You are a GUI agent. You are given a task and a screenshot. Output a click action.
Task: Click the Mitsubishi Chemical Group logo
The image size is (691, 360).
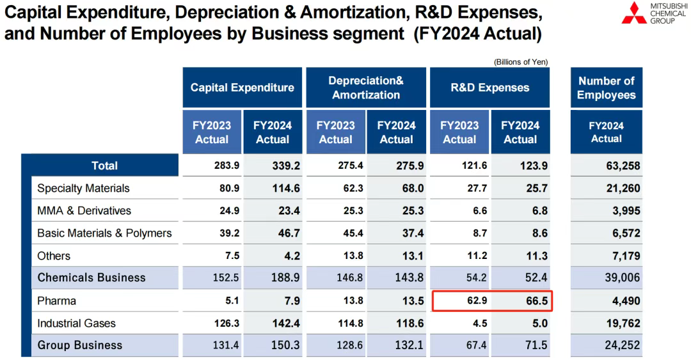pos(653,13)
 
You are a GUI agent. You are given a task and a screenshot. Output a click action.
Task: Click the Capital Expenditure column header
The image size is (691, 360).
pos(242,88)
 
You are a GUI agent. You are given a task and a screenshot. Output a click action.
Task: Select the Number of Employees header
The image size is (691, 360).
pos(606,88)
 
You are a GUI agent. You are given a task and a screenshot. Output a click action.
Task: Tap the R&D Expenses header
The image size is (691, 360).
pos(489,88)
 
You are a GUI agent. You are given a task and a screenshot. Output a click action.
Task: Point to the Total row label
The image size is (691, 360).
pos(104,166)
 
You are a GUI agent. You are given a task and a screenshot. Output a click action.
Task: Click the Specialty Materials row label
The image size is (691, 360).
pos(83,188)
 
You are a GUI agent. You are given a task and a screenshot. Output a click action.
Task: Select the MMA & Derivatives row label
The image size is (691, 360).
pos(84,210)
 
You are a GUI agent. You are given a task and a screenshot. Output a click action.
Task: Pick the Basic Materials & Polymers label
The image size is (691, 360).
pos(104,233)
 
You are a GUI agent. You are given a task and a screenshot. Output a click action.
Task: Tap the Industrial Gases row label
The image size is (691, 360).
pos(76,323)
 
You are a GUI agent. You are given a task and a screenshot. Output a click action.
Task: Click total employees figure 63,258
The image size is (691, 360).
pos(622,166)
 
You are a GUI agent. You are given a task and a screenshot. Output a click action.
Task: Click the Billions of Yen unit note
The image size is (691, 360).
pos(520,62)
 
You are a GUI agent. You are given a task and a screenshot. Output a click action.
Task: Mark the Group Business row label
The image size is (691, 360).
pos(79,345)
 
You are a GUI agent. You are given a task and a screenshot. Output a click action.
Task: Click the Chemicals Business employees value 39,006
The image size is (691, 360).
pos(622,278)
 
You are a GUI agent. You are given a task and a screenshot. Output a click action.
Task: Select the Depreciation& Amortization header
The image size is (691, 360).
pos(366,88)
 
